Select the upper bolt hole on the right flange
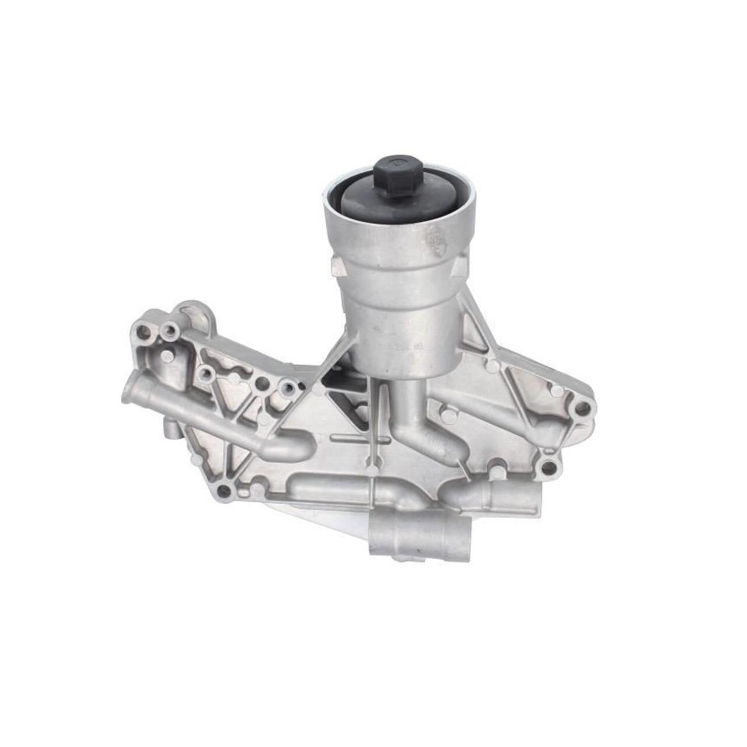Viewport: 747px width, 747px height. point(581,408)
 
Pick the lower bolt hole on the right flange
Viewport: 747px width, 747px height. point(549,467)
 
